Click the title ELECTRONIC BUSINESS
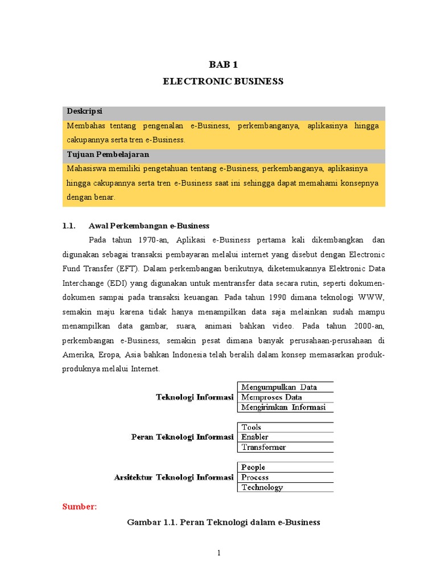[222, 81]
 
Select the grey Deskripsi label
[84, 112]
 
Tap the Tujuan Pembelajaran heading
[108, 154]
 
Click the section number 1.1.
[68, 225]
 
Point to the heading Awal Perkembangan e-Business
[149, 225]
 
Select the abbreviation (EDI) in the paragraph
[135, 282]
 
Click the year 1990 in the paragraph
[274, 297]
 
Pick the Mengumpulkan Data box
[285, 387]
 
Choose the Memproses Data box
[285, 397]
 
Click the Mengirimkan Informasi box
[285, 407]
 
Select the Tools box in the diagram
[285, 427]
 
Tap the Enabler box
[285, 437]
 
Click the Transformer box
[285, 447]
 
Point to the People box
[285, 467]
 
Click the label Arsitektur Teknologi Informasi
[174, 478]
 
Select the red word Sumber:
[80, 507]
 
